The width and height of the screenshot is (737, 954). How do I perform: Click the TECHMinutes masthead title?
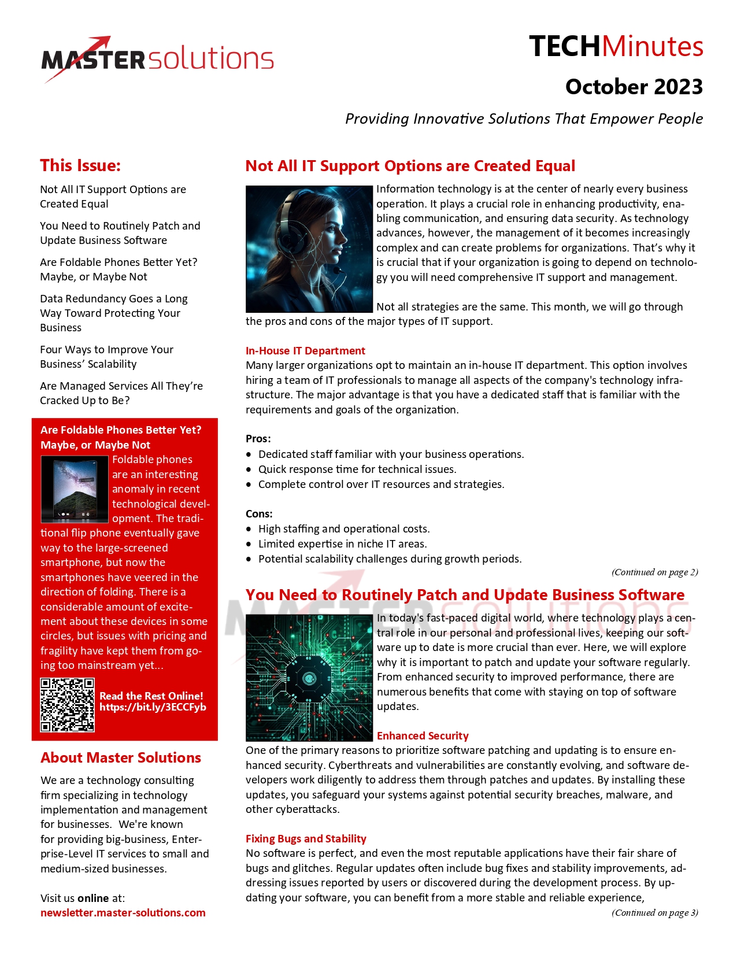coord(616,47)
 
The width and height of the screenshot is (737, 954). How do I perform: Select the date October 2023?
coord(634,87)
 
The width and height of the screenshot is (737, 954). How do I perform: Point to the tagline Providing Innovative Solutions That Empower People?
coord(524,119)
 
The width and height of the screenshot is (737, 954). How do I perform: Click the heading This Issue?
coord(80,165)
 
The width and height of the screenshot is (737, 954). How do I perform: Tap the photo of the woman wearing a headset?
coord(309,249)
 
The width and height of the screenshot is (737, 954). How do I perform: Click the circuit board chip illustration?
coord(309,678)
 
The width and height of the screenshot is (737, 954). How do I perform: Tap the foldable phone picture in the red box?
coord(75,489)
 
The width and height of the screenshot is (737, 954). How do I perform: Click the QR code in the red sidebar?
coord(67,705)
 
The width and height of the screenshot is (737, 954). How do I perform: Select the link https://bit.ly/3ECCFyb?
coord(153,707)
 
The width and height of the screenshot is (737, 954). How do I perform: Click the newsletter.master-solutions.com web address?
coord(123,913)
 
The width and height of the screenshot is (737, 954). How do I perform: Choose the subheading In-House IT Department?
coord(305,351)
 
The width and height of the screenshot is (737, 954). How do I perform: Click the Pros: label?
coord(258,439)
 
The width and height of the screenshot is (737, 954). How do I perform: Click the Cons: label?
coord(259,514)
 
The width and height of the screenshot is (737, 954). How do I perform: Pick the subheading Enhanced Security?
coord(423,736)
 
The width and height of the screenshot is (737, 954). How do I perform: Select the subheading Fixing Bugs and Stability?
coord(306,839)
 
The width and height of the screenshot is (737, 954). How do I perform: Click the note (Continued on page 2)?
coord(655,572)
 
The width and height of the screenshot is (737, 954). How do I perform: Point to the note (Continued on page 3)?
coord(655,913)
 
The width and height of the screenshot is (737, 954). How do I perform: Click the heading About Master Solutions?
coord(121,758)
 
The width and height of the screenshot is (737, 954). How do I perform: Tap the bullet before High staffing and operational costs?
coord(249,529)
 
